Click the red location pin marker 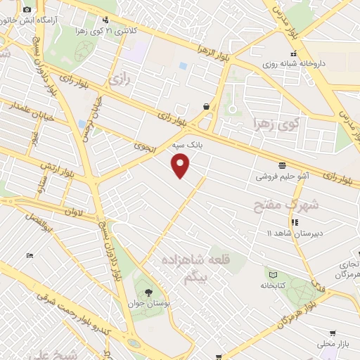pyautogui.click(x=181, y=165)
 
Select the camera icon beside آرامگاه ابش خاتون pyautogui.click(x=27, y=10)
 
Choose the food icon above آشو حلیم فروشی pyautogui.click(x=282, y=166)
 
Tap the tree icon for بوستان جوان pyautogui.click(x=148, y=292)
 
